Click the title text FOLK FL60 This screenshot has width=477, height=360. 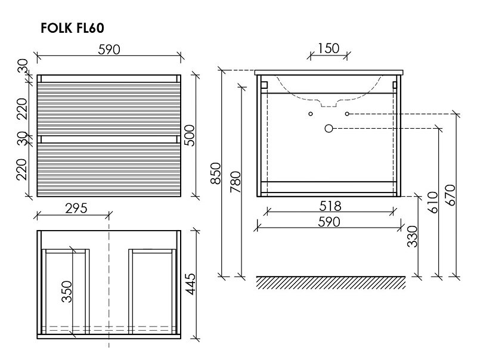click(72, 28)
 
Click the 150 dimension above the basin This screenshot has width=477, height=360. click(329, 48)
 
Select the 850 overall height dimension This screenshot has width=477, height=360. click(216, 173)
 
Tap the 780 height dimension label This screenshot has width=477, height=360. click(236, 182)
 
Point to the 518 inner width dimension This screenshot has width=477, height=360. click(330, 206)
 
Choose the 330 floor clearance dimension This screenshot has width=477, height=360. click(412, 236)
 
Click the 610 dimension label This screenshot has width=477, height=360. click(432, 202)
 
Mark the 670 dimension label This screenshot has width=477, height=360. click(450, 195)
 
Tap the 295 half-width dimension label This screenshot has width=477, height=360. click(76, 208)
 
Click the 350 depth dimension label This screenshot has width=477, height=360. click(67, 292)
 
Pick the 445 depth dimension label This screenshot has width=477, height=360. click(190, 284)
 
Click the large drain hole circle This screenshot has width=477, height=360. click(329, 129)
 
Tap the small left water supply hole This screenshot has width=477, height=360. click(310, 114)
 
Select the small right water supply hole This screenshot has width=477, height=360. click(347, 114)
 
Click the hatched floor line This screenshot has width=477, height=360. click(331, 283)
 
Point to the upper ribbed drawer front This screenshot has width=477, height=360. click(109, 108)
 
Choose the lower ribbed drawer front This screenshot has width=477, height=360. click(109, 170)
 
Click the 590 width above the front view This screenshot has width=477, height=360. click(109, 49)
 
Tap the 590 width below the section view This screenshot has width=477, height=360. click(329, 222)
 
